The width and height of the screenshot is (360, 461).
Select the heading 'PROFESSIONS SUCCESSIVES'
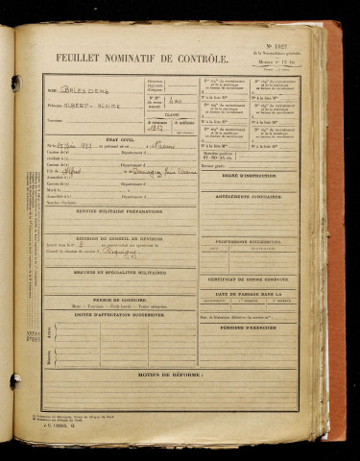pyautogui.click(x=260, y=240)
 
